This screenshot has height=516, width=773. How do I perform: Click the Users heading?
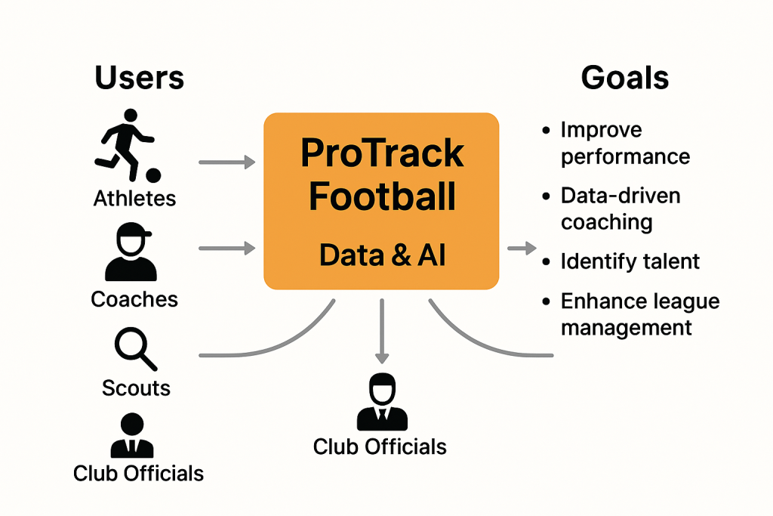pyautogui.click(x=139, y=78)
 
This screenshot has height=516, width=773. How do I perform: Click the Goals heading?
pyautogui.click(x=624, y=78)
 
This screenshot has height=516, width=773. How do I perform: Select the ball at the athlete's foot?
pyautogui.click(x=153, y=175)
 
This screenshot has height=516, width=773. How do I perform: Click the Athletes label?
pyautogui.click(x=134, y=198)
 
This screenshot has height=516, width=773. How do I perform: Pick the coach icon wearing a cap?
pyautogui.click(x=131, y=252)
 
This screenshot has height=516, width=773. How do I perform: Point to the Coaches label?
pyautogui.click(x=134, y=299)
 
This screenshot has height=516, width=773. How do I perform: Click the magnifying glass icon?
pyautogui.click(x=136, y=349)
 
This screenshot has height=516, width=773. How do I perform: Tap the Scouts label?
pyautogui.click(x=136, y=388)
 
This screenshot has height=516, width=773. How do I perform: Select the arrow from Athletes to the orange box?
pyautogui.click(x=226, y=162)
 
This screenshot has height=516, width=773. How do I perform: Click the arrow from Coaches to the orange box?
pyautogui.click(x=226, y=248)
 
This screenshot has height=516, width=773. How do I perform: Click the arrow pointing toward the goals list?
pyautogui.click(x=522, y=248)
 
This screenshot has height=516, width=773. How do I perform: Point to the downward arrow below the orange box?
pyautogui.click(x=382, y=331)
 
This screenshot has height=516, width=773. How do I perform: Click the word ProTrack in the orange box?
pyautogui.click(x=382, y=153)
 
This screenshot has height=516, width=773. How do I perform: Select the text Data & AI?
pyautogui.click(x=382, y=255)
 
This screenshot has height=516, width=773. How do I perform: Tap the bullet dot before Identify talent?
pyautogui.click(x=546, y=261)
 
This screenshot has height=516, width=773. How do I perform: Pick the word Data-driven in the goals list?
pyautogui.click(x=621, y=196)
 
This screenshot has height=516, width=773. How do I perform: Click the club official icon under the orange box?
pyautogui.click(x=382, y=402)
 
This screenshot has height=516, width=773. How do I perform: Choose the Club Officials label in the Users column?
pyautogui.click(x=138, y=473)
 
